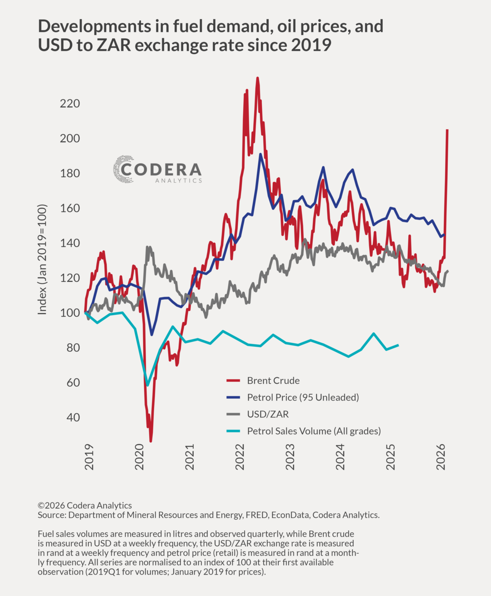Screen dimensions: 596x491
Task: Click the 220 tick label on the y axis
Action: [70, 104]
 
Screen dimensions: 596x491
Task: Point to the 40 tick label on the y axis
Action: [73, 417]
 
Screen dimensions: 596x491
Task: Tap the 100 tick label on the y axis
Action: [70, 313]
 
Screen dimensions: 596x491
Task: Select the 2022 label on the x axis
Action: [240, 457]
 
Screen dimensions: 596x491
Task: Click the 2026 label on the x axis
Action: [441, 457]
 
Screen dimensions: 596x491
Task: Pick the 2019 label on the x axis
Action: [89, 457]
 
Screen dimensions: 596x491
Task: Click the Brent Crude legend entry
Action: [273, 381]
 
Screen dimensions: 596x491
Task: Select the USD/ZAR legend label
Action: [268, 414]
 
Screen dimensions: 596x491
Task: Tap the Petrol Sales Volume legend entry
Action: [314, 431]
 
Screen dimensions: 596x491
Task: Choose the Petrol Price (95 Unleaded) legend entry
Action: [303, 397]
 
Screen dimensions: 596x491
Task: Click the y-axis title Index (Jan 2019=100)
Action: [42, 260]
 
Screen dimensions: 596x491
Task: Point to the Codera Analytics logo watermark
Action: [157, 170]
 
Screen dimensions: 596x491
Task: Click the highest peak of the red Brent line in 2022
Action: [257, 78]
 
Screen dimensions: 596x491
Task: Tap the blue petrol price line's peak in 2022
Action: [261, 154]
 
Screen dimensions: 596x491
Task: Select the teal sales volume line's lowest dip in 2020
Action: [147, 385]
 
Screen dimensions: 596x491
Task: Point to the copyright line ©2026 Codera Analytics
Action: [85, 506]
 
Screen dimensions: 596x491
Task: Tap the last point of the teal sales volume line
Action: [398, 345]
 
